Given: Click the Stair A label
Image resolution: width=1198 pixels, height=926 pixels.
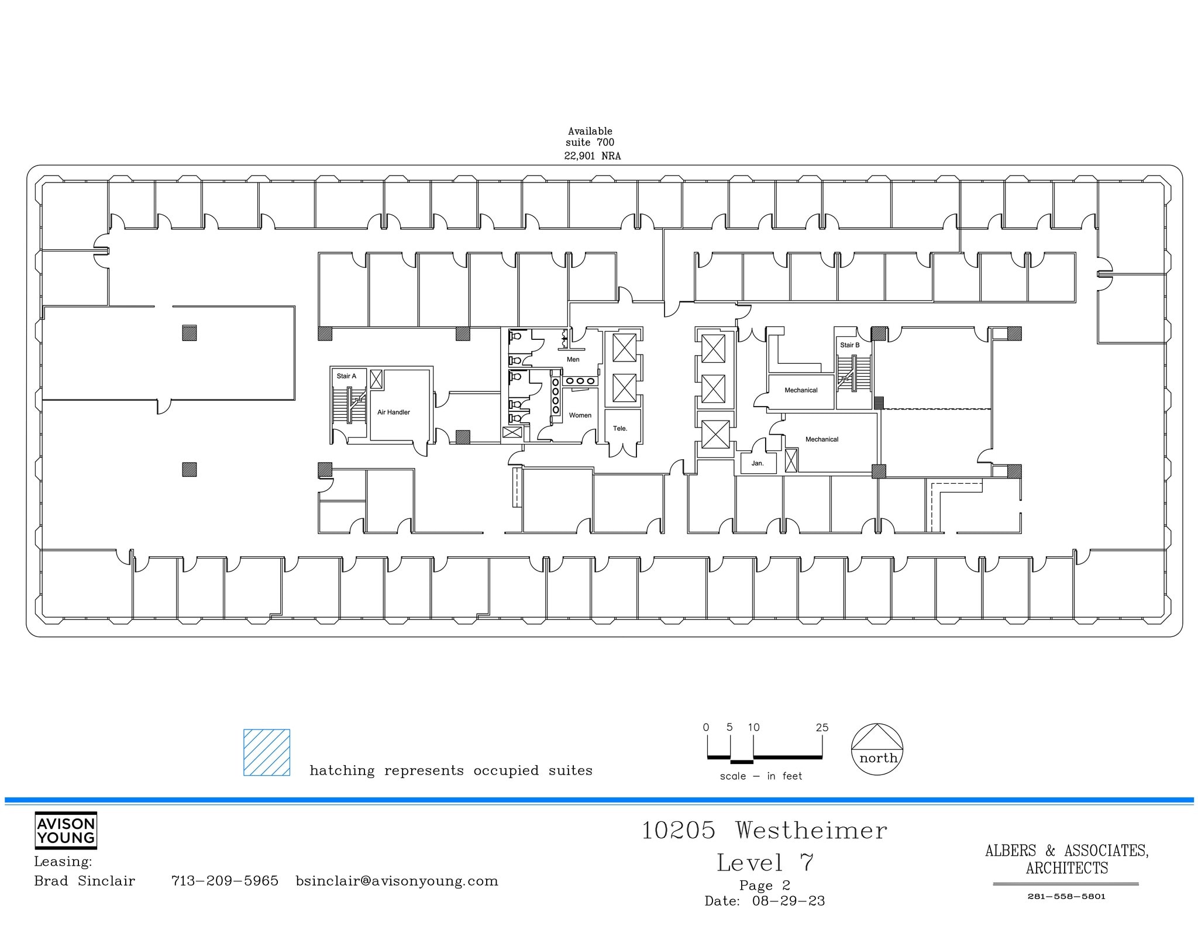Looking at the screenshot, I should tap(346, 376).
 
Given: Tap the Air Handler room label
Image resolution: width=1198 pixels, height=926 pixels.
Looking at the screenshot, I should tap(393, 412).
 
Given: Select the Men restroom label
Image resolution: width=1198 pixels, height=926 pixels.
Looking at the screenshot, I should tap(573, 360).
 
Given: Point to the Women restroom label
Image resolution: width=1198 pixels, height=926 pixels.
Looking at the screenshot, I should tap(580, 415).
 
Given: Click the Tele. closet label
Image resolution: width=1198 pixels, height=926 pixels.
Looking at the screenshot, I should tap(619, 429).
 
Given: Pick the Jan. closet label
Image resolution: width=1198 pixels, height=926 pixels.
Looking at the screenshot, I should tap(757, 463).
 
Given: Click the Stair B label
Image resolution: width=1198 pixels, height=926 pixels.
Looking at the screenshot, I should tap(849, 345).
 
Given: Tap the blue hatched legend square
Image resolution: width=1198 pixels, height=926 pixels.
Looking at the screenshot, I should tap(267, 752).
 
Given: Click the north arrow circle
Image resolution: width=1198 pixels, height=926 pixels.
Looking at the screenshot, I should tap(877, 750).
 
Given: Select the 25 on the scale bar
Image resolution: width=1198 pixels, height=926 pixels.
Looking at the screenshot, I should tap(822, 728).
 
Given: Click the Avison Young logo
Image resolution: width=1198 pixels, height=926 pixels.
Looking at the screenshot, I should tap(66, 830).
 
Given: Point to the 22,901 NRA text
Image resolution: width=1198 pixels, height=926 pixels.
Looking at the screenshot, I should tap(592, 156).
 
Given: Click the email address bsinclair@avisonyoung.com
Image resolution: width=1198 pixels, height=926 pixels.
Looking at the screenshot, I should tap(397, 881).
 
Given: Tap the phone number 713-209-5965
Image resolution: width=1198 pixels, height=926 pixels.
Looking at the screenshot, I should tap(225, 881).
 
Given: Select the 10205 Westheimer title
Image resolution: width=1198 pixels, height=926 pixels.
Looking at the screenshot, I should tap(764, 831).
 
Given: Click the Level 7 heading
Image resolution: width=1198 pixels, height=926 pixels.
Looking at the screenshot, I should tap(765, 863).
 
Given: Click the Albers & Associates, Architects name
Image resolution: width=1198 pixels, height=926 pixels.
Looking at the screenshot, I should tap(1066, 859).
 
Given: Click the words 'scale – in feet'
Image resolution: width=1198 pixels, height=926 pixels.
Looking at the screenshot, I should tap(760, 776).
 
